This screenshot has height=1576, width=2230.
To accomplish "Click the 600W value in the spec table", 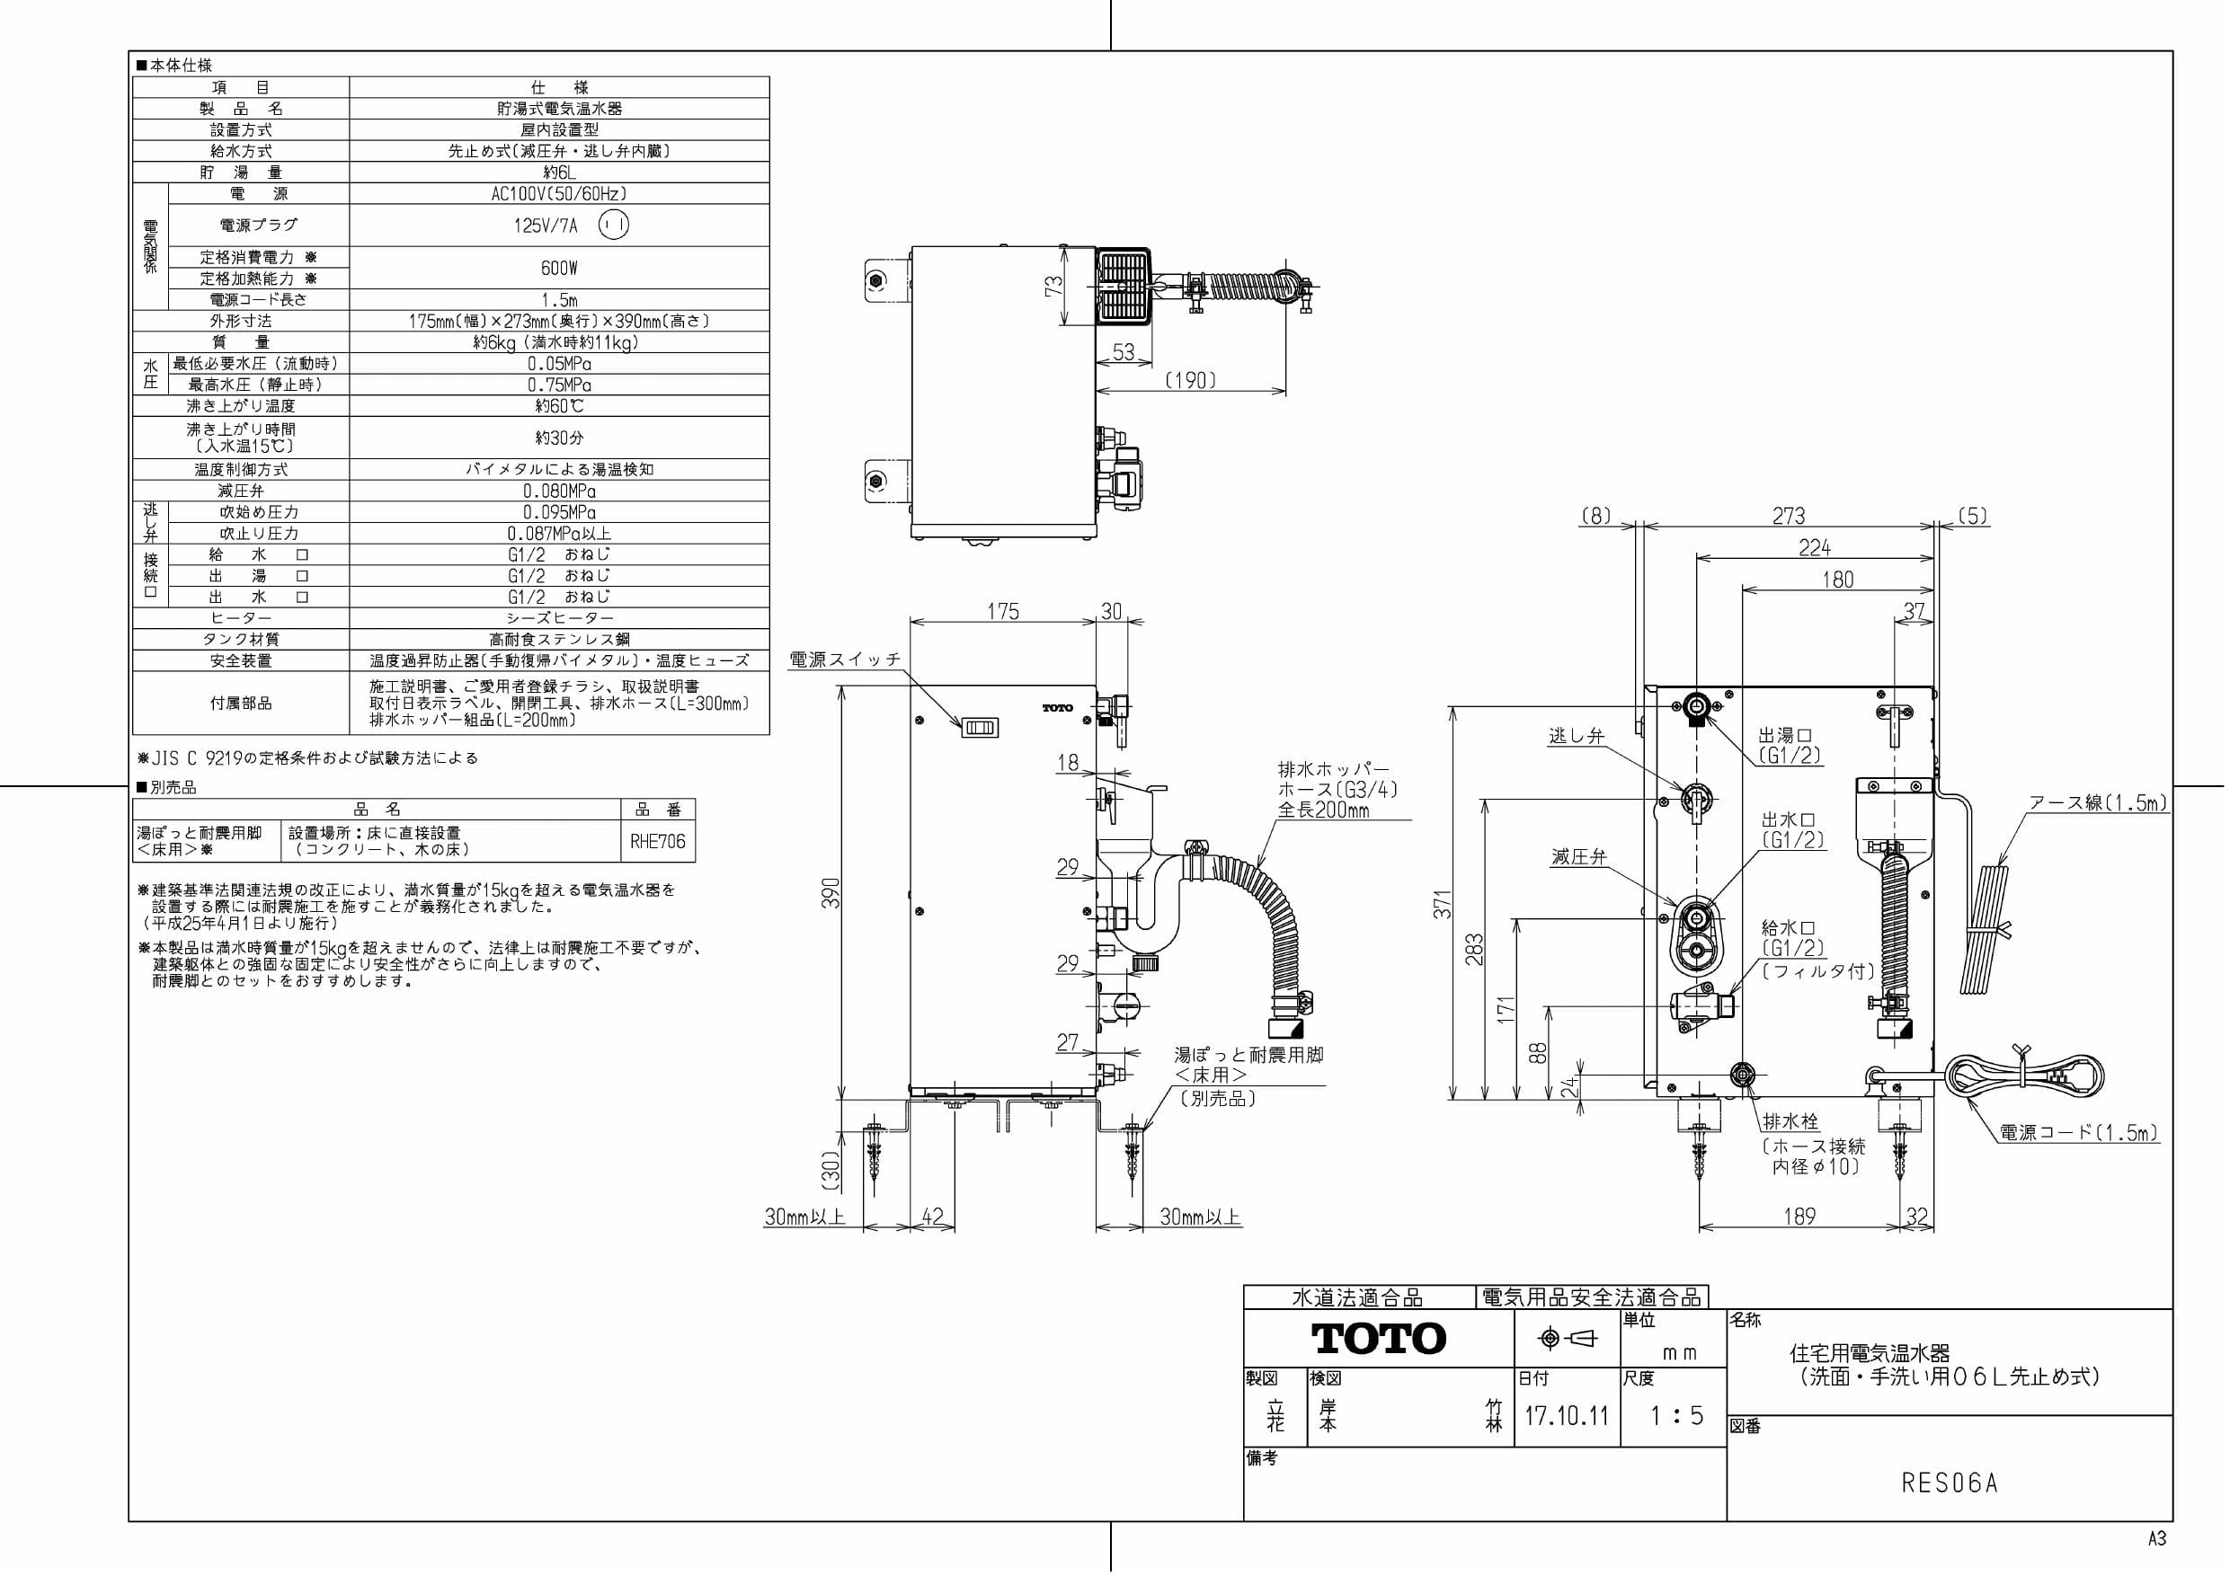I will point(558,268).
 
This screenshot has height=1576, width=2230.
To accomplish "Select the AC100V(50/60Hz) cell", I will point(558,194).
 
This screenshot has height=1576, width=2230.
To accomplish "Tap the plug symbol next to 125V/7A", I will point(613,226).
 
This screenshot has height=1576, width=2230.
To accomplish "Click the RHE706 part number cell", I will point(658,842).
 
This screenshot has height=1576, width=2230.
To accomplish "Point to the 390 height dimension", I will point(831,892).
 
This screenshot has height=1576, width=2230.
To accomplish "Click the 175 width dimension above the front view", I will point(1002,611).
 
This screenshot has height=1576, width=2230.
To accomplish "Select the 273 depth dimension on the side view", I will point(1788,516).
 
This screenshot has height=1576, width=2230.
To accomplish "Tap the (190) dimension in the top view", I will point(1190,381).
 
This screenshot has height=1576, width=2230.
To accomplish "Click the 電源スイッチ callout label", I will point(845,660).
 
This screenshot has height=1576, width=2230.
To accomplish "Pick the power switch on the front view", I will point(979,727).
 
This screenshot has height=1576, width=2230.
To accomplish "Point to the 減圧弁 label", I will point(1578,856).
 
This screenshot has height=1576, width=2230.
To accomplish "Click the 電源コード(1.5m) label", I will point(2077,1132).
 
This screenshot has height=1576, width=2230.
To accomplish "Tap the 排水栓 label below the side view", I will point(1790,1120).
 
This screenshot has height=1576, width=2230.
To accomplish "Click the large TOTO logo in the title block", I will point(1378,1338).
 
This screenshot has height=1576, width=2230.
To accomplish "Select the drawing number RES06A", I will point(1949,1483).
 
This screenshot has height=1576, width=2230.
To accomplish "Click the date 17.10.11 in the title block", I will point(1566,1416).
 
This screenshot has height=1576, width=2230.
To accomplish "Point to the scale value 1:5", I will point(1676,1416).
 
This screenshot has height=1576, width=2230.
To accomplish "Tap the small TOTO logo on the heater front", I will point(1058,708).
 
